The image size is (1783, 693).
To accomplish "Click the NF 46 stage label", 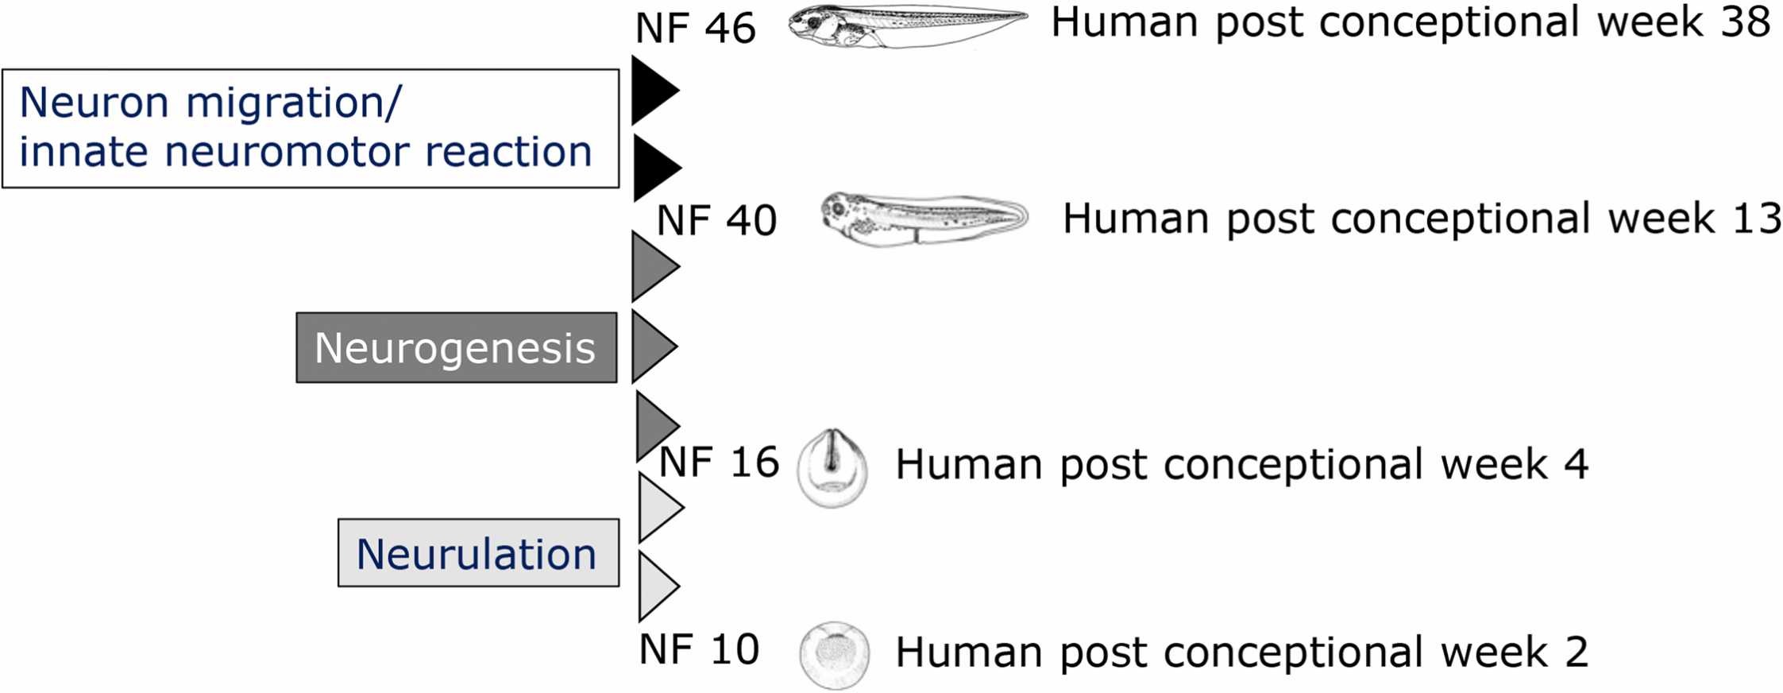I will [x=695, y=29].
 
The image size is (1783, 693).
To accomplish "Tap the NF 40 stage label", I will [x=716, y=221].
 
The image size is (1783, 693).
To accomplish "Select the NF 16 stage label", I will [x=719, y=463].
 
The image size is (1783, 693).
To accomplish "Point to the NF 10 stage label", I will [x=699, y=650].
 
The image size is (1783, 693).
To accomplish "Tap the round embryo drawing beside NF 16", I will [x=832, y=468].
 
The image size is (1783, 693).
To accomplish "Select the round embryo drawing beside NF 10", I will [x=834, y=655].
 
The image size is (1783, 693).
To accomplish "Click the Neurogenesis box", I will [x=456, y=347].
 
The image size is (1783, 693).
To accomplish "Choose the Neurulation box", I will [x=478, y=553].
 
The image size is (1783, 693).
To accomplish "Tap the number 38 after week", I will [x=1746, y=22].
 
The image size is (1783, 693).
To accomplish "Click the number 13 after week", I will [x=1757, y=219].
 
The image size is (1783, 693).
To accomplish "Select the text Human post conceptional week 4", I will [x=1241, y=464].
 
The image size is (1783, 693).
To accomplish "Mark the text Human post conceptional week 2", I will [x=1241, y=652].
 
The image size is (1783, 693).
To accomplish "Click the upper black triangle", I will [x=653, y=90].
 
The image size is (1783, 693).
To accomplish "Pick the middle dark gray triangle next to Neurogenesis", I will [x=652, y=346].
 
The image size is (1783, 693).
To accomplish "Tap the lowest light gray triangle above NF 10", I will [x=656, y=586].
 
